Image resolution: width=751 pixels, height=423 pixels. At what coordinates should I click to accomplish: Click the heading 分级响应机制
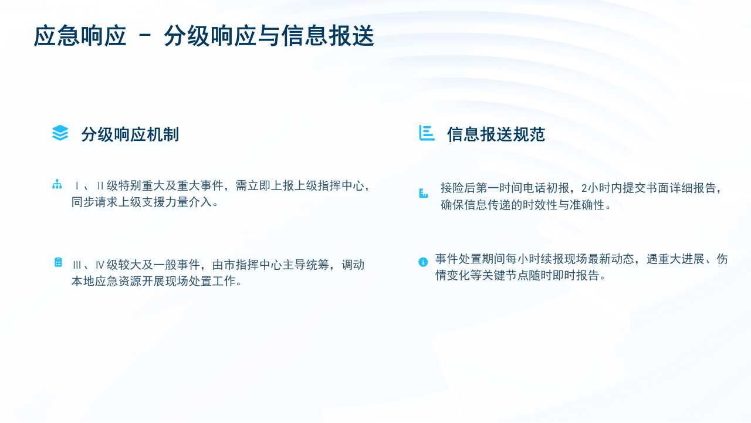point(130,135)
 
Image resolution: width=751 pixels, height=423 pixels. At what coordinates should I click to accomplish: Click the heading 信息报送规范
point(496,135)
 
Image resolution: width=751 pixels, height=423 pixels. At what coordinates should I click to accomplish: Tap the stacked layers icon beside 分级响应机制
point(60,133)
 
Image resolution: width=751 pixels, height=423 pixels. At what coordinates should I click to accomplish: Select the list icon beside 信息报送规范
point(427,133)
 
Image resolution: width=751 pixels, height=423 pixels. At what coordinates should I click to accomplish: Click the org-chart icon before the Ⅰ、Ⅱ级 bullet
point(57,184)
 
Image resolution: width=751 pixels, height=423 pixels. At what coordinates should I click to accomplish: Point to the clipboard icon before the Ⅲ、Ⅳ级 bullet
point(58,262)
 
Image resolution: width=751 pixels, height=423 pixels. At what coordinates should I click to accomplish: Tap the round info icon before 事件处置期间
point(423,262)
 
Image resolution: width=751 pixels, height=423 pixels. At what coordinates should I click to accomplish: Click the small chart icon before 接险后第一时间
point(424,194)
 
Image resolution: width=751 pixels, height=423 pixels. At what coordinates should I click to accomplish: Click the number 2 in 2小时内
point(584,188)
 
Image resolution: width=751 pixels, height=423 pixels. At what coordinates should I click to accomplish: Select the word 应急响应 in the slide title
point(80,36)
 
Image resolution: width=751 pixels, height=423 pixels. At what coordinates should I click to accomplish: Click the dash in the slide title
point(145,35)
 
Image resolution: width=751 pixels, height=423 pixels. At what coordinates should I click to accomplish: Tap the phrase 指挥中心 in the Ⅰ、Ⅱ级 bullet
point(340,186)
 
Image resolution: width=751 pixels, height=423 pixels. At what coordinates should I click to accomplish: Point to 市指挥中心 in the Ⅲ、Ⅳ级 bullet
point(253,265)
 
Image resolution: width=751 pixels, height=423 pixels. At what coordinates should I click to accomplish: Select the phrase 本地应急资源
point(106,281)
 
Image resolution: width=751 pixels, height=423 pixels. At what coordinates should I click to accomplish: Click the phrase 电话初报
point(546,188)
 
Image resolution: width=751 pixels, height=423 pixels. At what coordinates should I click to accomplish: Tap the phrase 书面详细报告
point(681,188)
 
